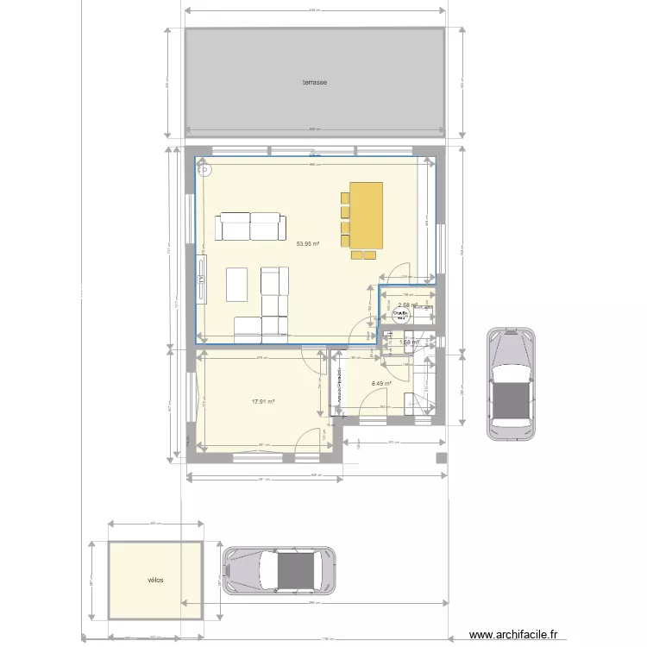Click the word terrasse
[314, 83]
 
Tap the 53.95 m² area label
[308, 244]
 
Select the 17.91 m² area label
[263, 401]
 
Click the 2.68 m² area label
[407, 305]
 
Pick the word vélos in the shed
[155, 580]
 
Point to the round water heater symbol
[399, 316]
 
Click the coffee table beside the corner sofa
[237, 284]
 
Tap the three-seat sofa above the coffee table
[251, 227]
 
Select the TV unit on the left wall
[202, 279]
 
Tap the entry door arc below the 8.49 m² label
[373, 403]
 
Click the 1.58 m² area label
[409, 342]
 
